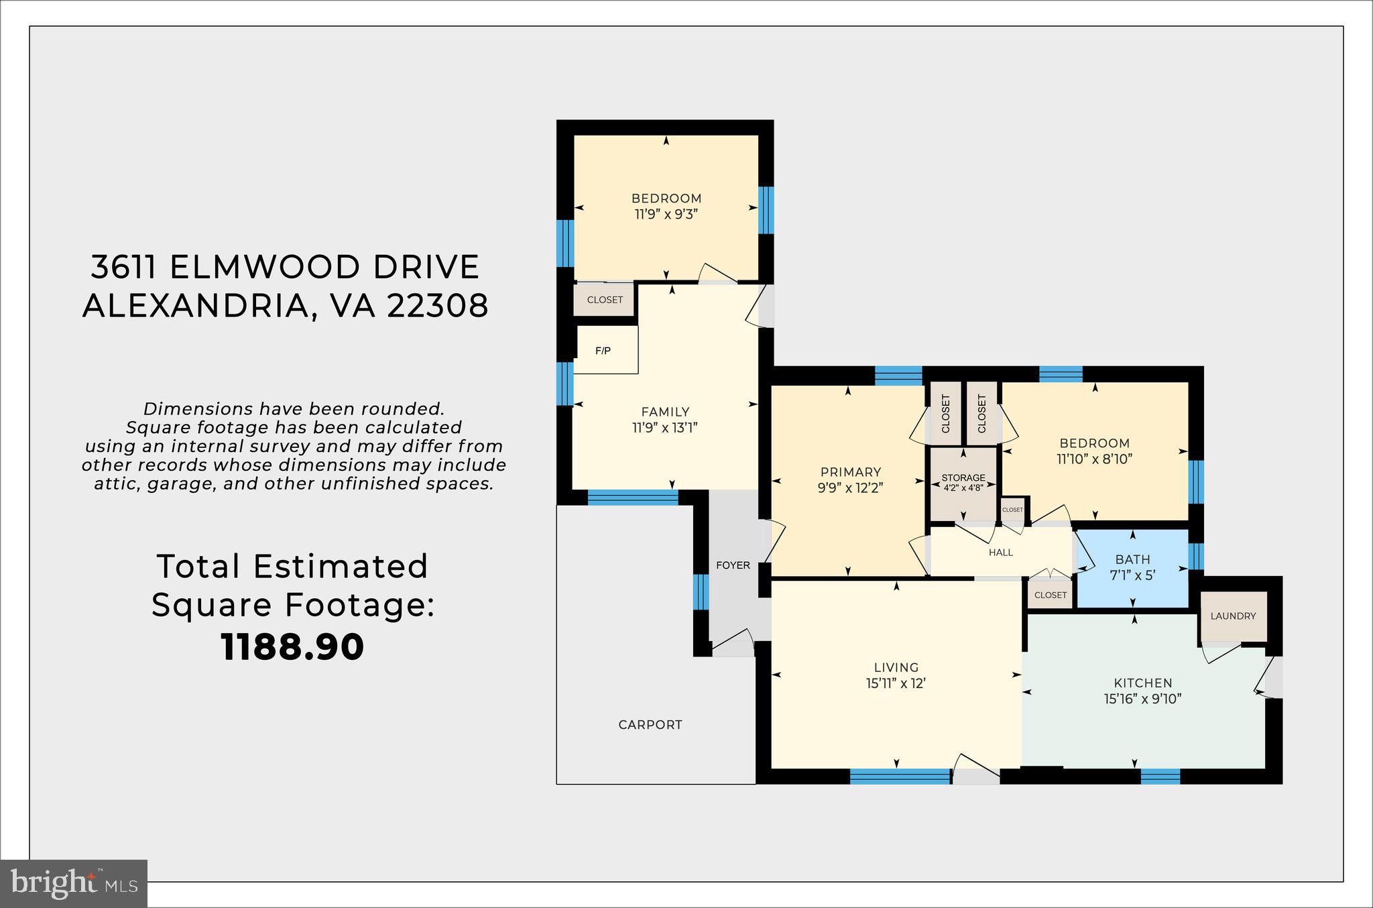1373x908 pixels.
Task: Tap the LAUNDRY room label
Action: click(x=1233, y=616)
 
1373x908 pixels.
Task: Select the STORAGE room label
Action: click(x=963, y=477)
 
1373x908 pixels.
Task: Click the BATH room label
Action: click(x=1133, y=559)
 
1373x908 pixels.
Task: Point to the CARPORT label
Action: click(x=650, y=724)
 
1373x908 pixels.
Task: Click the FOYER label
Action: click(x=733, y=565)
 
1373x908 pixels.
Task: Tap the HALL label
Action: click(x=1001, y=553)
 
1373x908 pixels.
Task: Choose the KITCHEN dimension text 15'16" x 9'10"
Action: click(x=1142, y=699)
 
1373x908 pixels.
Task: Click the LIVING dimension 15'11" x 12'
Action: click(x=896, y=683)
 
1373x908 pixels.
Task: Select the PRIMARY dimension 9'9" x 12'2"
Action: click(x=851, y=488)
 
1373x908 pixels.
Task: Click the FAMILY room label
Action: click(x=665, y=412)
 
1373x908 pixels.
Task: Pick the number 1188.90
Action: click(x=292, y=647)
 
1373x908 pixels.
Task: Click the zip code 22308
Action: click(x=438, y=306)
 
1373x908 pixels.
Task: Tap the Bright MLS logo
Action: click(x=74, y=883)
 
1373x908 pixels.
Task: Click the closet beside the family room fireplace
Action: click(x=605, y=300)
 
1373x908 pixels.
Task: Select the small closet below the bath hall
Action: click(x=1050, y=595)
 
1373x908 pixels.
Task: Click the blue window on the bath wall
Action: click(x=1195, y=556)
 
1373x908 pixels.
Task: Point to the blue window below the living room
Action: click(x=900, y=776)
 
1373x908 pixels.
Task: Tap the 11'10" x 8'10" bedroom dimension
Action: click(x=1095, y=459)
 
